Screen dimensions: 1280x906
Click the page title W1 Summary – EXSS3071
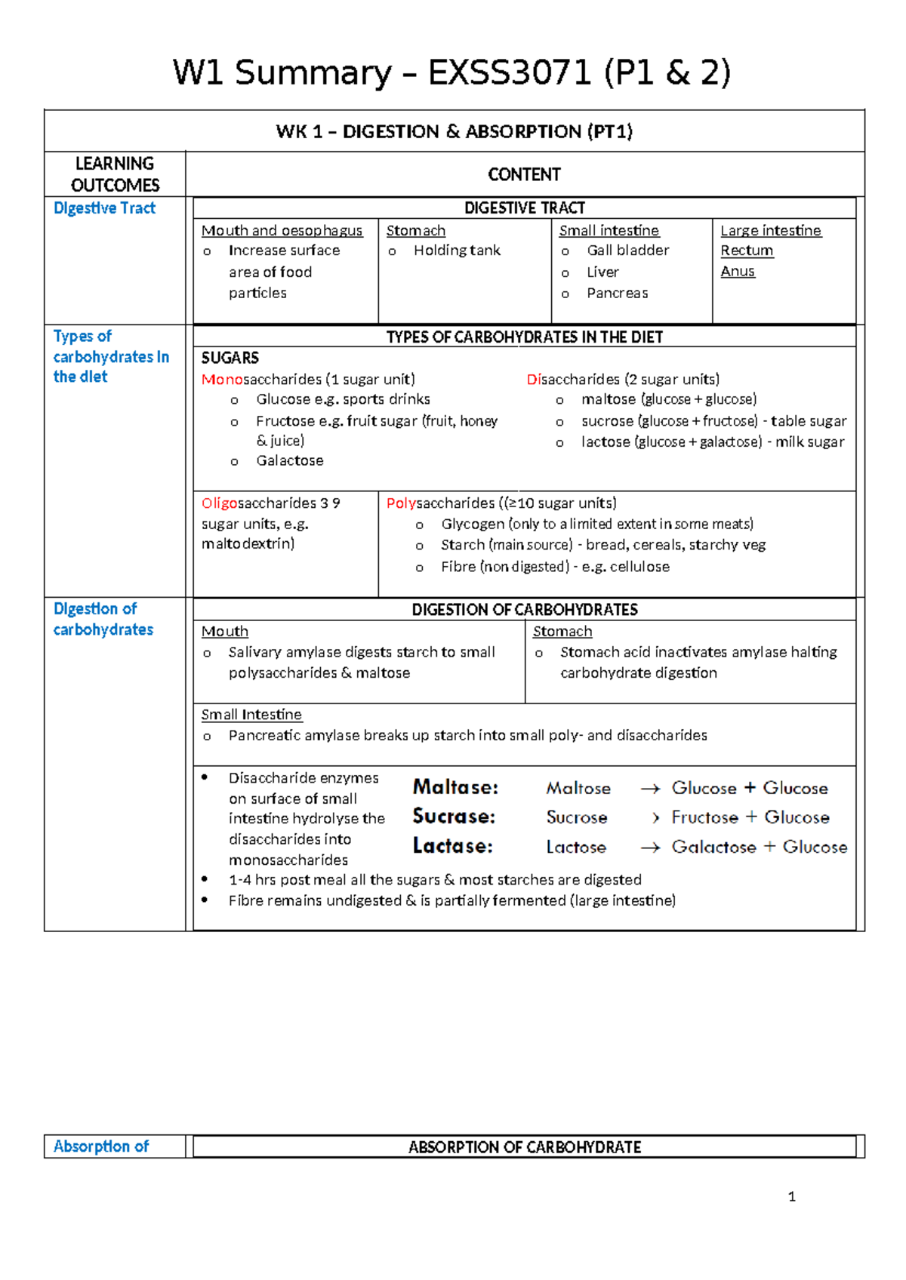[x=451, y=73]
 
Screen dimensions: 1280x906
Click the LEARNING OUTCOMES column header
[x=115, y=174]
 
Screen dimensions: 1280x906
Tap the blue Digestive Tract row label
[x=104, y=208]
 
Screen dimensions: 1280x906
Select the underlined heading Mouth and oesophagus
[x=282, y=230]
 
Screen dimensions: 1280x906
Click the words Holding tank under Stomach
[x=456, y=251]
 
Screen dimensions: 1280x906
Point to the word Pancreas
[x=617, y=293]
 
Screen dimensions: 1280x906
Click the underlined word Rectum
[x=746, y=251]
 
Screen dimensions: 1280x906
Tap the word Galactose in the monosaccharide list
[x=289, y=460]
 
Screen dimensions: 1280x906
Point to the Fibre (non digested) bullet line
[x=554, y=567]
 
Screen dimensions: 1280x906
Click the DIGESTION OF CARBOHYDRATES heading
[x=524, y=610]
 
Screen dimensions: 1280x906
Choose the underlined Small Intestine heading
[x=251, y=714]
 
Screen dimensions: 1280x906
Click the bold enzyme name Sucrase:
[x=454, y=817]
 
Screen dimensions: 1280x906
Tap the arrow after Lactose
[x=650, y=848]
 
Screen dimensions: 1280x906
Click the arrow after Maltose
[x=650, y=789]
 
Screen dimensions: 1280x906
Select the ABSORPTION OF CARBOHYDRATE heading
[x=524, y=1147]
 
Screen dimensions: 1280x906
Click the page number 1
[x=791, y=1196]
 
